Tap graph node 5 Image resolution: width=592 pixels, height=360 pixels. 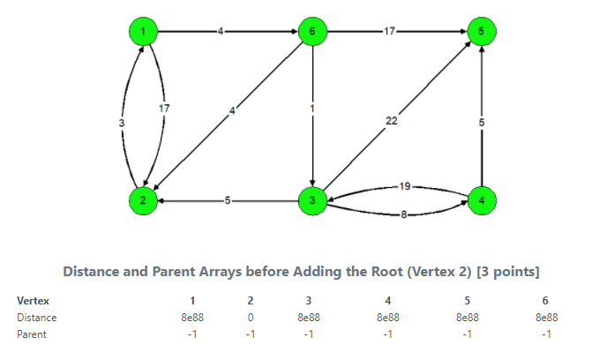click(x=482, y=32)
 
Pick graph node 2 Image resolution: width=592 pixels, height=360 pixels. click(x=142, y=200)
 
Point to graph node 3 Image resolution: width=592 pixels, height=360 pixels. click(x=311, y=200)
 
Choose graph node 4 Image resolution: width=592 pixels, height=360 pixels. click(x=482, y=200)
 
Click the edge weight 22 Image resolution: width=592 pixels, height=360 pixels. click(x=391, y=121)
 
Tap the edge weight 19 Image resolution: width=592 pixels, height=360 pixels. click(x=404, y=186)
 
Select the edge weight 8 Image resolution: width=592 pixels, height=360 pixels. click(x=404, y=215)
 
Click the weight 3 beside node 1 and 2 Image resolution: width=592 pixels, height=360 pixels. click(x=121, y=123)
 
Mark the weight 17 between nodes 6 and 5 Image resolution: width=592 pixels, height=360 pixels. click(x=389, y=32)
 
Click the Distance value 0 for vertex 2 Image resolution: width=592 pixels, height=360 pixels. click(x=251, y=318)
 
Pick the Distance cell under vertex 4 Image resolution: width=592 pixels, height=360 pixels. click(x=388, y=318)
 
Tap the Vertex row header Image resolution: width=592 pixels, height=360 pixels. click(x=33, y=301)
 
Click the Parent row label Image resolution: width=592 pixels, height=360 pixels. click(x=32, y=334)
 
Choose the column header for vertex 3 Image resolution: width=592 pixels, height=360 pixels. click(x=308, y=301)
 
